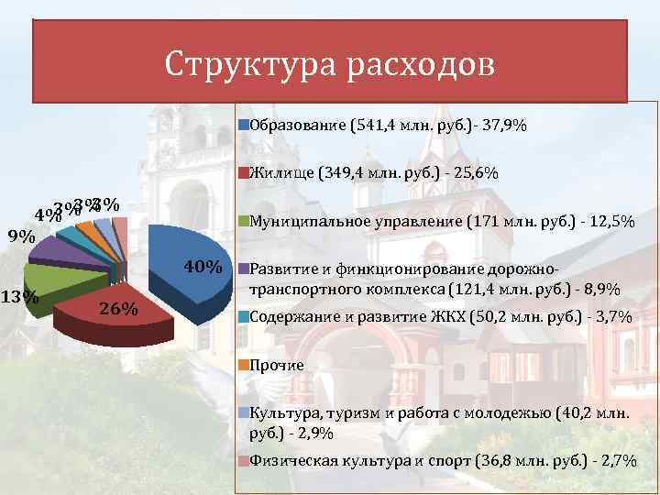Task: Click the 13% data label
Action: point(18,297)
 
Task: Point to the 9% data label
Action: point(21,236)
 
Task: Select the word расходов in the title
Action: point(422,65)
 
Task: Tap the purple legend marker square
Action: point(243,270)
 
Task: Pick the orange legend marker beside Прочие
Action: point(243,365)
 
